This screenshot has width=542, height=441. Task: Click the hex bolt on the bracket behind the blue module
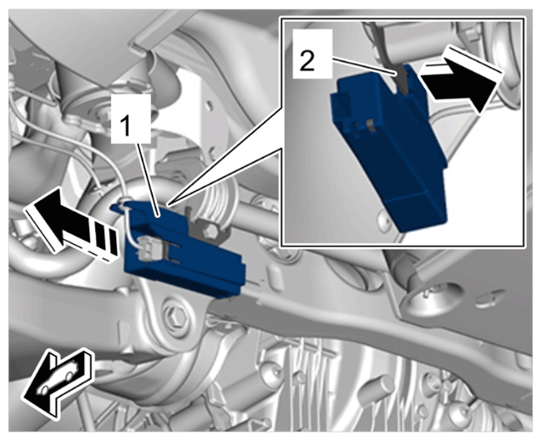coord(210,232)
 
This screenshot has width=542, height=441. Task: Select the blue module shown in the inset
coord(388,145)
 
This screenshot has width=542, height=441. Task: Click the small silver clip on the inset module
coord(371,126)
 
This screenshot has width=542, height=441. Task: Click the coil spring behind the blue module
coord(216,204)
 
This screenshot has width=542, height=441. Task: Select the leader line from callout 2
coord(364,67)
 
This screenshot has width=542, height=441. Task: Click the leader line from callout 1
coord(148,180)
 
